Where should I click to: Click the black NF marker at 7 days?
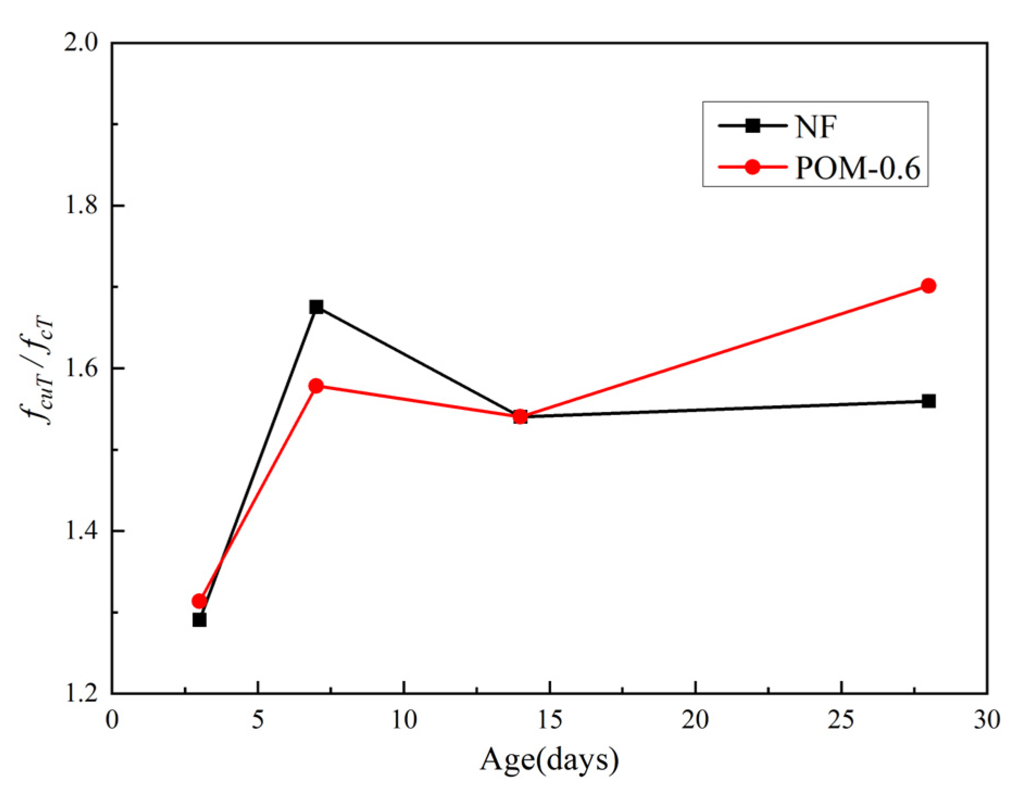point(316,307)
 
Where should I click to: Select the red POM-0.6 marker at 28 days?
point(928,286)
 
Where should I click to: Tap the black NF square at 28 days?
point(928,401)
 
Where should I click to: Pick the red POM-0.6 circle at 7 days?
point(316,386)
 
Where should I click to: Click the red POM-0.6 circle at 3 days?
point(199,601)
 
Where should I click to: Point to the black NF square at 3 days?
point(199,620)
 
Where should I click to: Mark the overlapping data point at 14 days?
point(520,417)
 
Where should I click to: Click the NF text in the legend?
point(815,126)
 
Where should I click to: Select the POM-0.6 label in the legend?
point(857,168)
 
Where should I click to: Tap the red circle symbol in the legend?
point(752,167)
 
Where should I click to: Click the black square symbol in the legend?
point(752,126)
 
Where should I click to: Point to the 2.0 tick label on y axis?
point(80,42)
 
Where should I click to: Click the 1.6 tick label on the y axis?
point(80,368)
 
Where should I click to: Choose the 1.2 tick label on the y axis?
point(80,694)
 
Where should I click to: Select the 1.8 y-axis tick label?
point(80,206)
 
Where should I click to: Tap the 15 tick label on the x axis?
point(549,720)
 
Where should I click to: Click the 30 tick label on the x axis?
point(986,720)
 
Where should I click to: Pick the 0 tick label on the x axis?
point(112,720)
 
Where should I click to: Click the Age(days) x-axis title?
point(549,760)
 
